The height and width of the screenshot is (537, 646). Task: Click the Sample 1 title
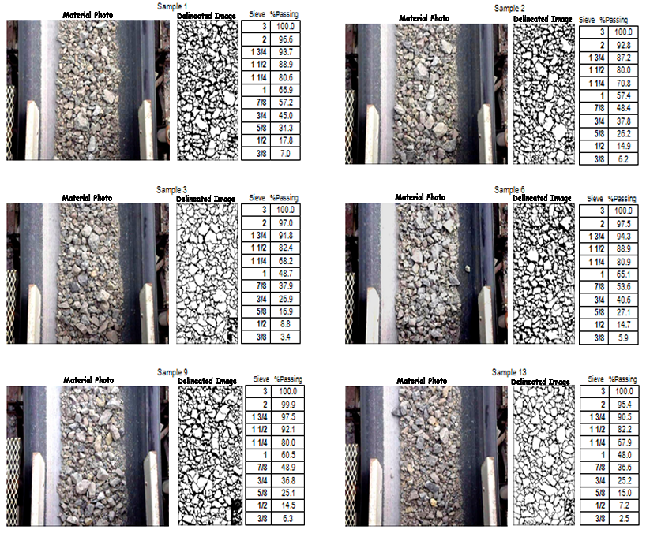172,6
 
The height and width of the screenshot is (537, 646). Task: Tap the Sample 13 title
509,372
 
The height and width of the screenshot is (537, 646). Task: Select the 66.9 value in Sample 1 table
285,90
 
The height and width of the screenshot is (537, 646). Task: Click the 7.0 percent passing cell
285,154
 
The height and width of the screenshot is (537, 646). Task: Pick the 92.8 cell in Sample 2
623,45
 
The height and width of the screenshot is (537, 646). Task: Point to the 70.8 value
623,83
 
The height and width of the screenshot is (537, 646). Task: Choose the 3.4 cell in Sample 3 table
285,337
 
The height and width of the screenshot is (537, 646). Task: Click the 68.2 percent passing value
285,261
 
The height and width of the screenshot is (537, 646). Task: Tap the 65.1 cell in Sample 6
623,274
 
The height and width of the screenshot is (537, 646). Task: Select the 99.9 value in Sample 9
288,404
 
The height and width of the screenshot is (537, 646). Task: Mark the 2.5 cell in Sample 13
624,518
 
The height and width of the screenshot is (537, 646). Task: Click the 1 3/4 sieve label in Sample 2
596,58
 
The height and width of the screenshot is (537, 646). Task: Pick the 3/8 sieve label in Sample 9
262,518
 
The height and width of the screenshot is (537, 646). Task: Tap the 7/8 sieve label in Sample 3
261,285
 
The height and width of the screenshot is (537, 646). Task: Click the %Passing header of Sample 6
622,199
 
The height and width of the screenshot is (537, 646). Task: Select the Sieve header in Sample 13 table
595,379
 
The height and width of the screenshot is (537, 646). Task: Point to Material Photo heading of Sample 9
88,380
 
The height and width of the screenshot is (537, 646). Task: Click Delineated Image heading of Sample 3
205,199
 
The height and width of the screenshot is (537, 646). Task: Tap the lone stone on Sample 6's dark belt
468,269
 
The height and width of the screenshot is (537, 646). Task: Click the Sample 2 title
509,8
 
